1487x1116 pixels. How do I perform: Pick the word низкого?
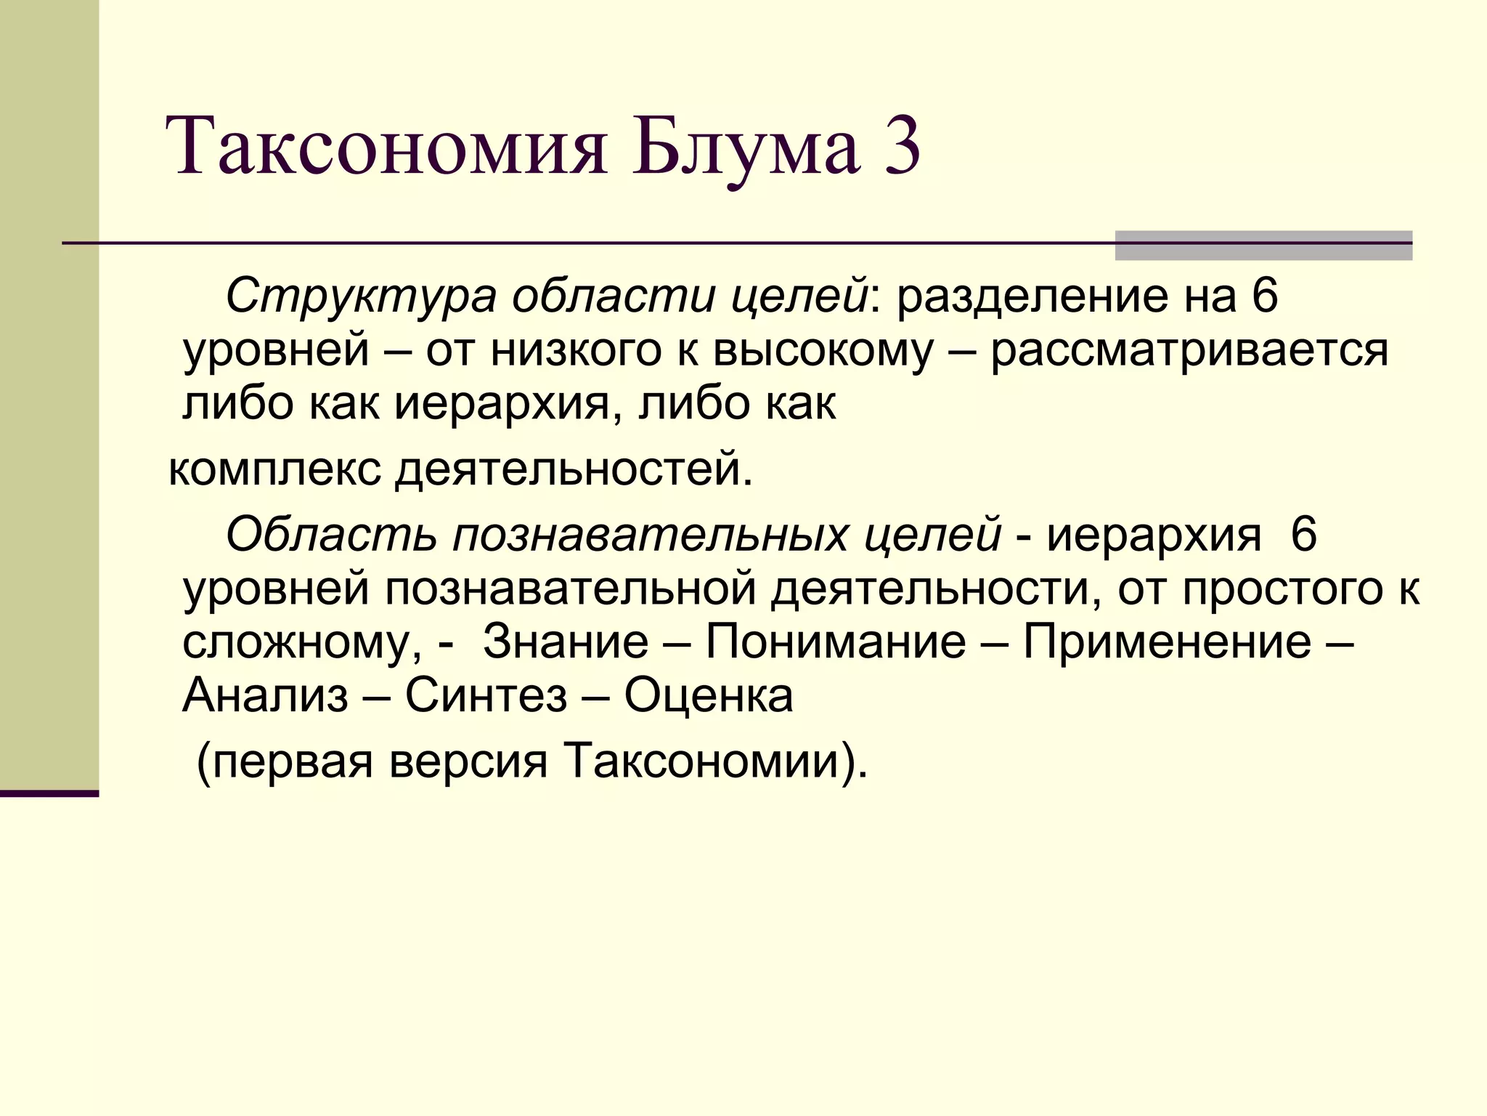(576, 349)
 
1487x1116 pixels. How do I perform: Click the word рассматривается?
(1189, 349)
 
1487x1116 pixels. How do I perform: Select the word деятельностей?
(574, 469)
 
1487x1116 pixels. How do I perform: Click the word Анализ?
(266, 695)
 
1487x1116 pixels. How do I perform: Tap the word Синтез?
(486, 695)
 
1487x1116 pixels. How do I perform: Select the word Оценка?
(709, 695)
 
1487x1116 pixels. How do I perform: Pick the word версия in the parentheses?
(468, 761)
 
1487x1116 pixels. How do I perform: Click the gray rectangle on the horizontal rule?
(1263, 246)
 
